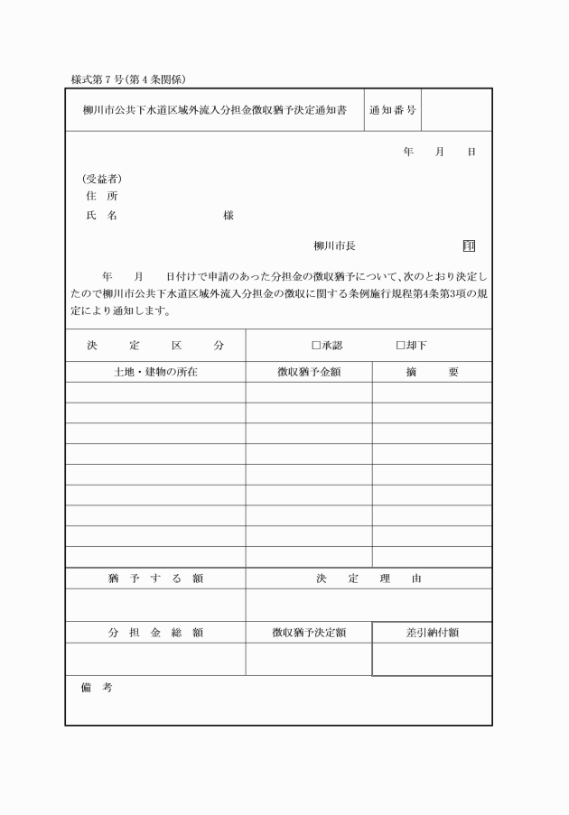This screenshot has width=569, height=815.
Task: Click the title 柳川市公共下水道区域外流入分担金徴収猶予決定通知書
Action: coord(214,110)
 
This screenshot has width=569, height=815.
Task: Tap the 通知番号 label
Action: coord(393,110)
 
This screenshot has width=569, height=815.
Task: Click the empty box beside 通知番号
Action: coord(456,110)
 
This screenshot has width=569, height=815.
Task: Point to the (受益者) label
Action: coord(102,179)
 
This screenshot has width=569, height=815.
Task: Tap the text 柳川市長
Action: coord(334,246)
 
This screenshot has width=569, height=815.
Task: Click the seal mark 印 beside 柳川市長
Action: coord(469,246)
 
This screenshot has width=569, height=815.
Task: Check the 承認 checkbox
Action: coord(316,346)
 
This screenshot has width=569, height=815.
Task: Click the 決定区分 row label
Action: coord(155,346)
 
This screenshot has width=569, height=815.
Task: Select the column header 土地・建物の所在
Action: coord(155,372)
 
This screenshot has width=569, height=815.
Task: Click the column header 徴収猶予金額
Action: coord(309,372)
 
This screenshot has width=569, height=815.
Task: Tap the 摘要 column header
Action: coord(432,372)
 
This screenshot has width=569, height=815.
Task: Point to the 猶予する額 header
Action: coord(155,579)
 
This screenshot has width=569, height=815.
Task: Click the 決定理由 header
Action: coord(368,579)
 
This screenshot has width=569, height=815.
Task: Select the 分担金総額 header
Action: coord(155,633)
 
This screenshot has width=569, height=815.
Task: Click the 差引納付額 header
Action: coord(432,633)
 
